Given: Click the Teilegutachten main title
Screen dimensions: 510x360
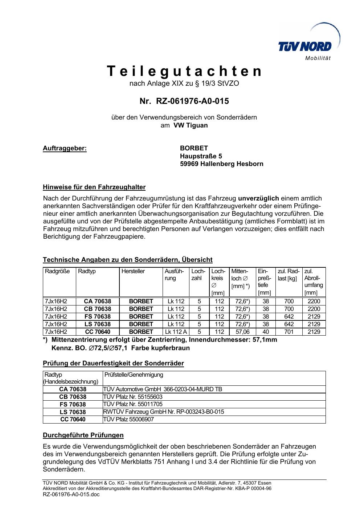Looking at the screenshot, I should [184, 71].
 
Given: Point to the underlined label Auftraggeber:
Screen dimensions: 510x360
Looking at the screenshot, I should [65, 148].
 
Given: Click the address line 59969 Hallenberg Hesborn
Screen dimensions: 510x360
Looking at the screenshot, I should [221, 164].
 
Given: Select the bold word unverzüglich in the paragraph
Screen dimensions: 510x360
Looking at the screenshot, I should [258, 198].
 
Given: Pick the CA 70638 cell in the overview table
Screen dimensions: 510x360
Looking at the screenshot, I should [97, 301].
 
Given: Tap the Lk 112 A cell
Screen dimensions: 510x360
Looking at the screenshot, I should [176, 332].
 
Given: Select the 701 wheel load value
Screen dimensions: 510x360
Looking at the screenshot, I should [289, 332].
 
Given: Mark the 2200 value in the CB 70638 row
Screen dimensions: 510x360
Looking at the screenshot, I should [314, 309].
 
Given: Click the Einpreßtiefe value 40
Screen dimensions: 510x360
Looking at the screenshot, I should [266, 332].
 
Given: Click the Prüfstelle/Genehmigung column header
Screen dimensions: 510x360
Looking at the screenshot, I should [134, 375].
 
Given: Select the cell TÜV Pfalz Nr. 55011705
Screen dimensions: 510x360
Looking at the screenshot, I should [133, 404].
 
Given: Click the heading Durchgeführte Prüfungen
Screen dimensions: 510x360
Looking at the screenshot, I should [83, 435].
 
